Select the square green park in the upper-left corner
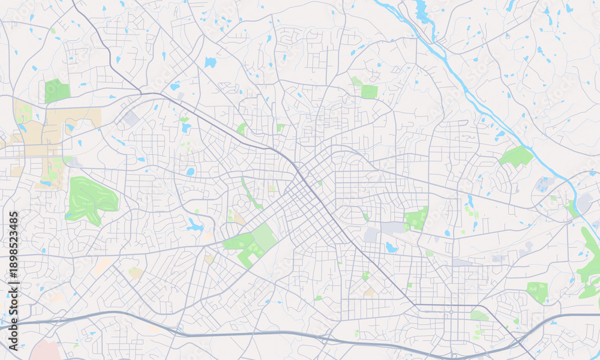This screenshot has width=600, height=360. click(56, 91)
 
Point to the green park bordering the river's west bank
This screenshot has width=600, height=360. click(517, 157)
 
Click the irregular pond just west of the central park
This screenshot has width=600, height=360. click(194, 226)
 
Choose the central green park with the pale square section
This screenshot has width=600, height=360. click(252, 243)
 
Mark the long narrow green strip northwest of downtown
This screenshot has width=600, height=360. click(251, 194)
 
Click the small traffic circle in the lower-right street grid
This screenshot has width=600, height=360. click(451, 312)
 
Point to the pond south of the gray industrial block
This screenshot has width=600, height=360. click(392, 247)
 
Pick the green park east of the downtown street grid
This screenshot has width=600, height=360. click(415, 219)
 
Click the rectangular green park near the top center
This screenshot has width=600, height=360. click(369, 91)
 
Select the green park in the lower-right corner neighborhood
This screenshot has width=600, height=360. click(537, 291)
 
